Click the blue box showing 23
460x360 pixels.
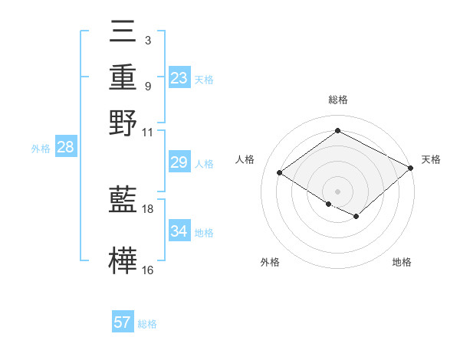coord(179,78)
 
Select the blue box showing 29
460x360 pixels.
coord(179,162)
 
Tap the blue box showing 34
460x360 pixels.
coord(179,231)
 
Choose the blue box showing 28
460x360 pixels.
coord(65,148)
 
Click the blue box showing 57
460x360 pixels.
coord(123,322)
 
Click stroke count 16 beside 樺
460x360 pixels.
coord(148,270)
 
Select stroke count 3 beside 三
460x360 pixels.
coord(147,39)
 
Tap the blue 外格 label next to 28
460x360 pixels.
coord(41,149)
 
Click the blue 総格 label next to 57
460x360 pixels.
coord(147,323)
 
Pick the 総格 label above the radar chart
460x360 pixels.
coord(337,100)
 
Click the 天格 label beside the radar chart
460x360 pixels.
coord(431,159)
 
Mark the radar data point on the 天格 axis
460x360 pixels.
coord(412,169)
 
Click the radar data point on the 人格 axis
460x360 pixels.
coord(280,173)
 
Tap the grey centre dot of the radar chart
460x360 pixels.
coord(337,191)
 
